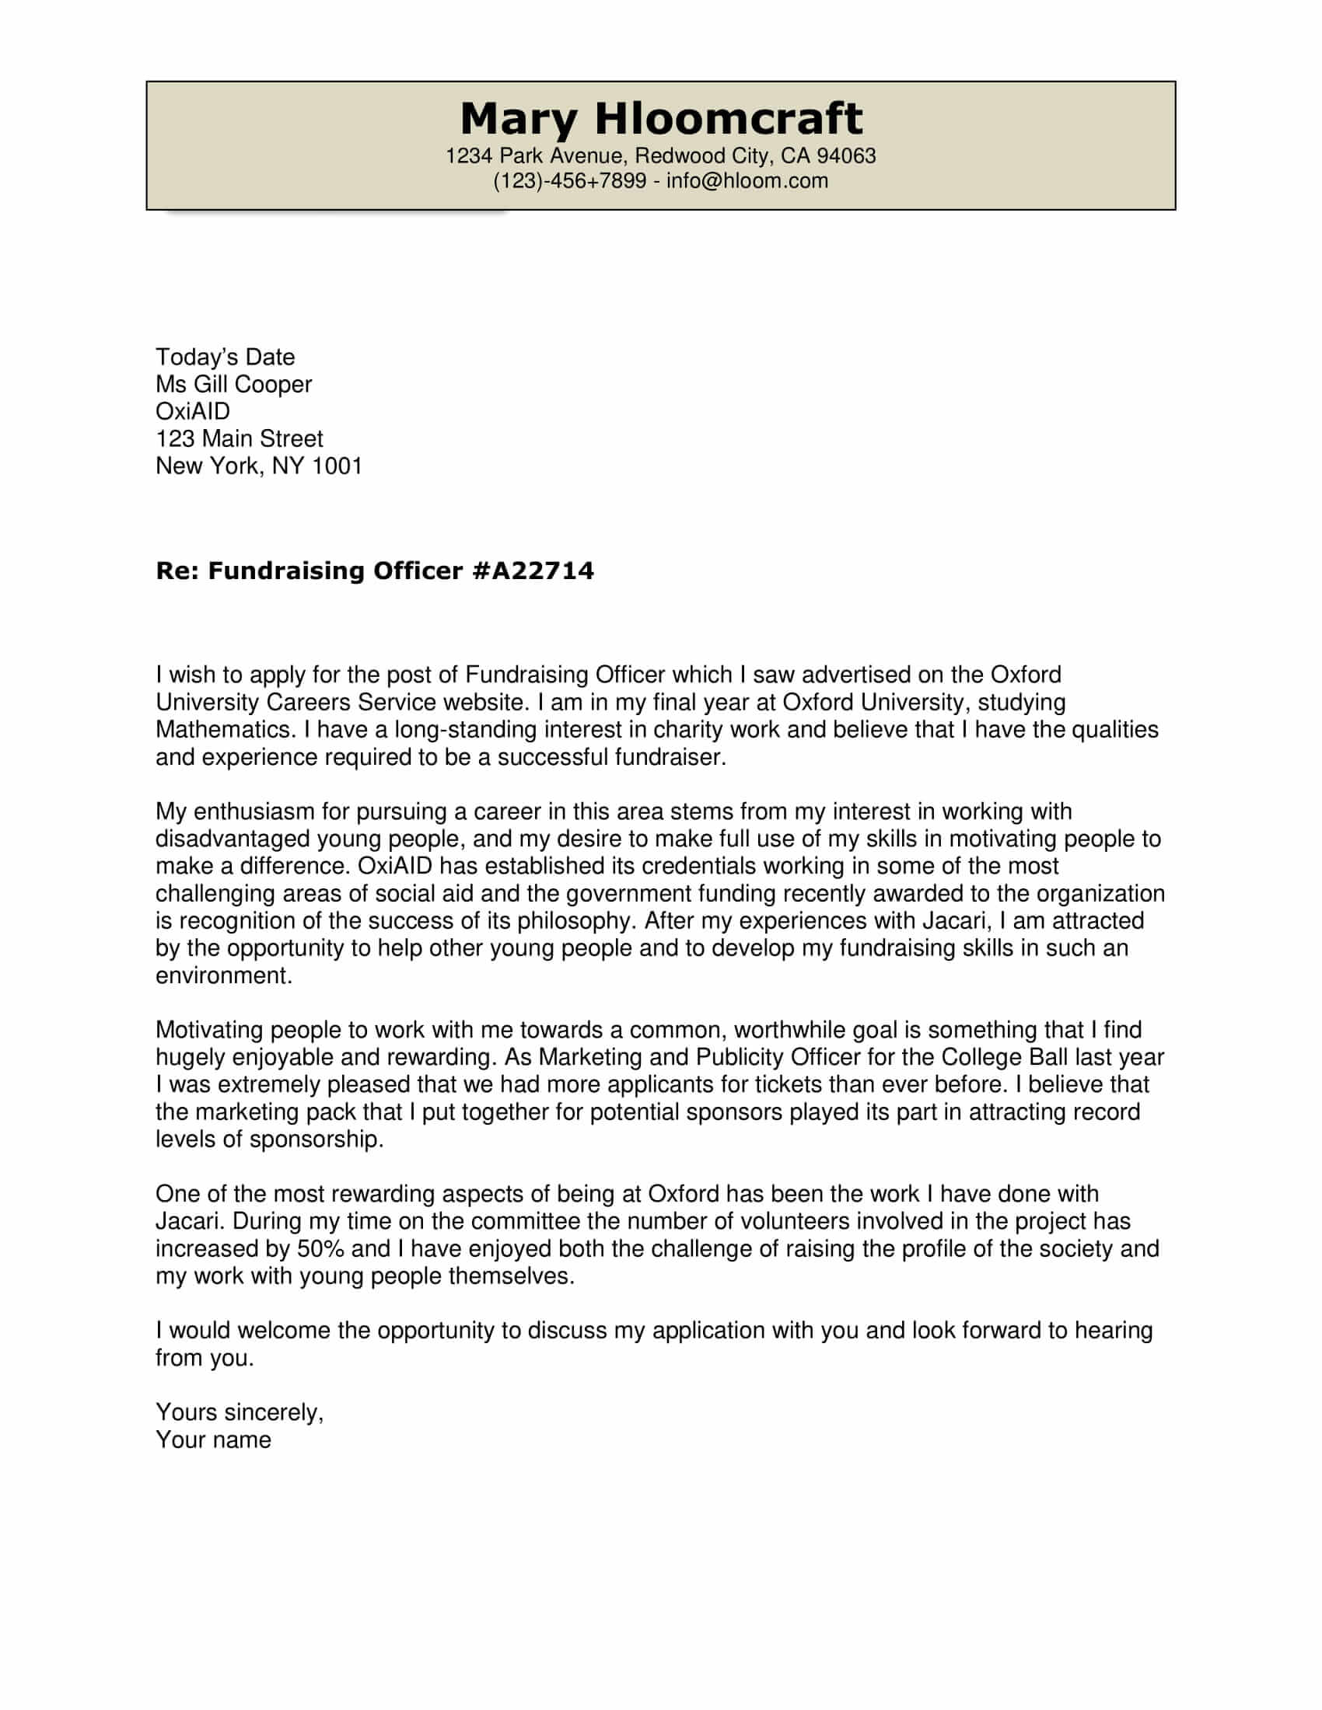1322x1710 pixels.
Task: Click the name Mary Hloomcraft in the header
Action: [660, 119]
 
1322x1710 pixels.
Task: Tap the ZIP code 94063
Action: [846, 155]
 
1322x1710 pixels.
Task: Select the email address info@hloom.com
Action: [747, 181]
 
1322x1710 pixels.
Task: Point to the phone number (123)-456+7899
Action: [569, 181]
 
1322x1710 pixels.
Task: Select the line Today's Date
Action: [225, 357]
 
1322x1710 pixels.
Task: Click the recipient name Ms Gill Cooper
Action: [233, 385]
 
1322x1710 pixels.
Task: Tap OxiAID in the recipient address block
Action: [193, 411]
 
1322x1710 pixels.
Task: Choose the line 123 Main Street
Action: [239, 438]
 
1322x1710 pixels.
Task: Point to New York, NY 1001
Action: [258, 466]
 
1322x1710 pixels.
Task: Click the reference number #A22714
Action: [533, 570]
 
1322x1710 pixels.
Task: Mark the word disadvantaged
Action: [232, 839]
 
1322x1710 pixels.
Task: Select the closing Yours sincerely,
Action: [239, 1412]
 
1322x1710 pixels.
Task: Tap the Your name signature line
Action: [213, 1440]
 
